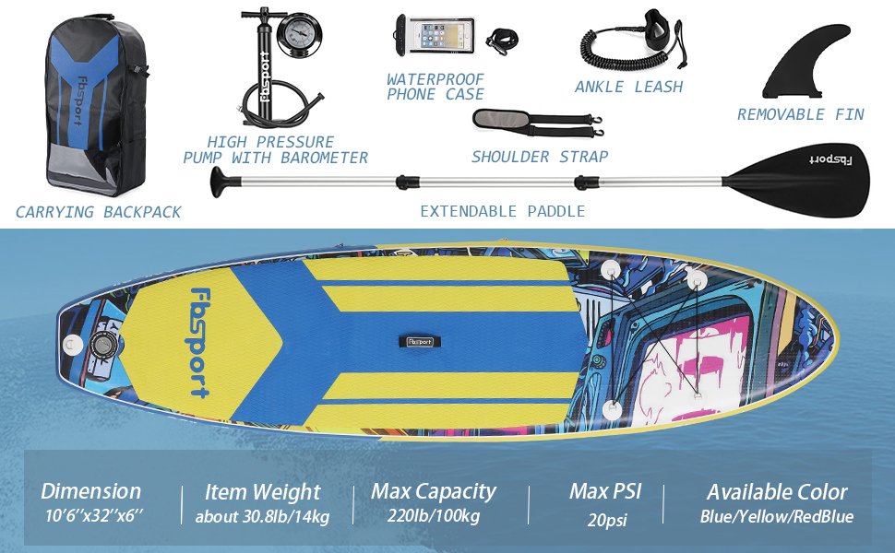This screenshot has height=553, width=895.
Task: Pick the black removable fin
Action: click(x=801, y=66)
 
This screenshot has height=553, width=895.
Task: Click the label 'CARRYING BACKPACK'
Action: click(x=99, y=212)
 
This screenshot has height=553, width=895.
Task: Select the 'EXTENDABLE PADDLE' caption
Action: click(x=503, y=211)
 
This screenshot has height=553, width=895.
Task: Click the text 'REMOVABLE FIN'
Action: click(x=800, y=114)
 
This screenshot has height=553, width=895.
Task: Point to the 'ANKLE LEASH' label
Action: click(x=628, y=87)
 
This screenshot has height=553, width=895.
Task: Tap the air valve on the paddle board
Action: click(x=102, y=347)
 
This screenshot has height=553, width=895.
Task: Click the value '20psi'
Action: click(x=607, y=520)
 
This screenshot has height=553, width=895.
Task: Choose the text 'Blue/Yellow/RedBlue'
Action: click(x=776, y=516)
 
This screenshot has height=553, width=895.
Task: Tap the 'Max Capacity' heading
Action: click(x=434, y=491)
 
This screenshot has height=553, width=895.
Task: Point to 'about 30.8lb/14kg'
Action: click(x=262, y=516)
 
